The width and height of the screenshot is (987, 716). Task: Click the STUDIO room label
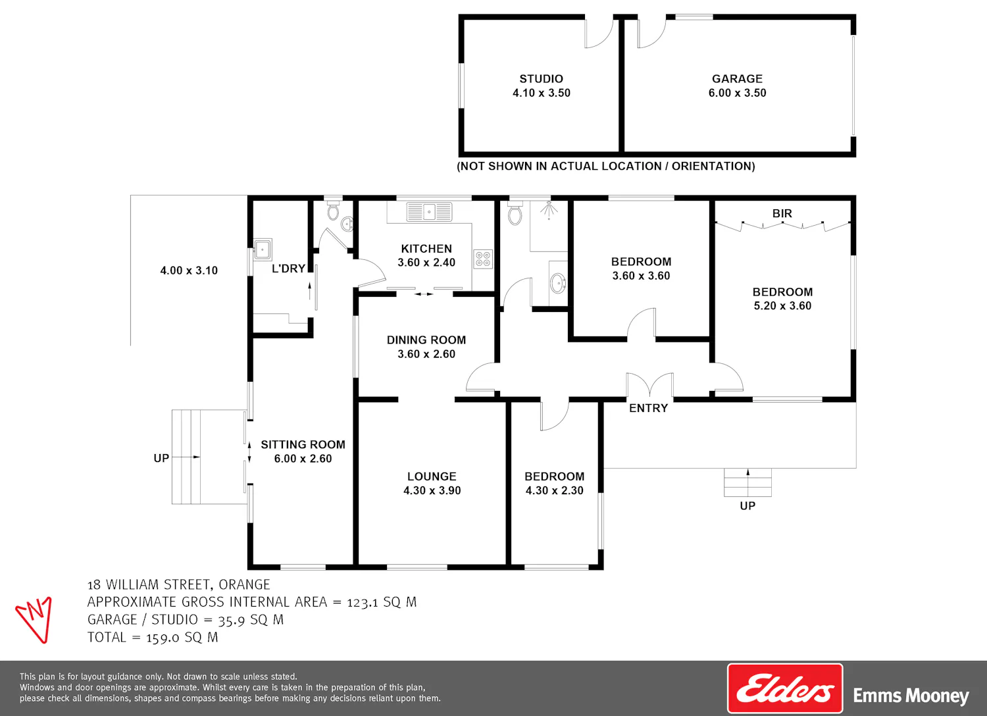coord(541,79)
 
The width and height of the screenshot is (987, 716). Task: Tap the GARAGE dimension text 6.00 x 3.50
coord(737,93)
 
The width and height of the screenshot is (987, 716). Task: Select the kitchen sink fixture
coord(429,211)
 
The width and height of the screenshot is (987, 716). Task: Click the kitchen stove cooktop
coord(483,259)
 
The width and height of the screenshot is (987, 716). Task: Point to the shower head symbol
coord(548,210)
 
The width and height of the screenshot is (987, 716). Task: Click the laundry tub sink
coord(263,249)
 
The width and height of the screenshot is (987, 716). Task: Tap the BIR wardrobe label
coord(782,213)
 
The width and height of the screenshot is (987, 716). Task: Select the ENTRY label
coord(648,408)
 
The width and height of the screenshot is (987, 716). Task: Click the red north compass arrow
coord(34,619)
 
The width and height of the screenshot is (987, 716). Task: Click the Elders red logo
coord(785,688)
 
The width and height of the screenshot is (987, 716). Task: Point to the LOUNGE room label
coord(432,476)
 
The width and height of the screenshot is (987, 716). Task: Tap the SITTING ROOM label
coord(303,445)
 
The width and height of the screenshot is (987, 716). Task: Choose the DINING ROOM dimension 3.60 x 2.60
coord(426,354)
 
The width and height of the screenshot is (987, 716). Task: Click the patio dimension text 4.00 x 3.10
coord(189,270)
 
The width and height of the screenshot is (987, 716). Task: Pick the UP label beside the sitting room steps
coord(161,458)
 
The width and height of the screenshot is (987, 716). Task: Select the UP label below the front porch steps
coord(747,506)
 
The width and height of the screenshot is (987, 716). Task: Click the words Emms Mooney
coord(911,696)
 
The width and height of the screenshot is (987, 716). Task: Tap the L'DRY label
coord(289,268)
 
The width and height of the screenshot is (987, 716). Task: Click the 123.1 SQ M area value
coord(382,602)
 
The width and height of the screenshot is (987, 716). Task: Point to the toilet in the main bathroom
coord(515,213)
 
